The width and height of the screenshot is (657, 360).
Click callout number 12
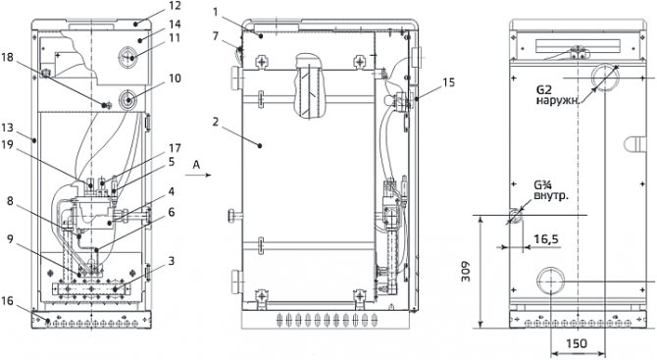(x=176, y=6)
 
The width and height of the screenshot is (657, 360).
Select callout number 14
(x=175, y=24)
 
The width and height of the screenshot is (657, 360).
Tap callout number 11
(x=175, y=37)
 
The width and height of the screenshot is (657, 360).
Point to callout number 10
(x=175, y=77)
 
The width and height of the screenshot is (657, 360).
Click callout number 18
(x=8, y=57)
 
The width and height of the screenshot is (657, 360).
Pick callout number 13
(x=8, y=128)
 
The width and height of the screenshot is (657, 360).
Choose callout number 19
(x=8, y=144)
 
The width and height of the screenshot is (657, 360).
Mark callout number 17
(x=175, y=148)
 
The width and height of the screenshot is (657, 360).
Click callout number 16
(x=8, y=301)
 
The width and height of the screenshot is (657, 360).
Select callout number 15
(x=448, y=82)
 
